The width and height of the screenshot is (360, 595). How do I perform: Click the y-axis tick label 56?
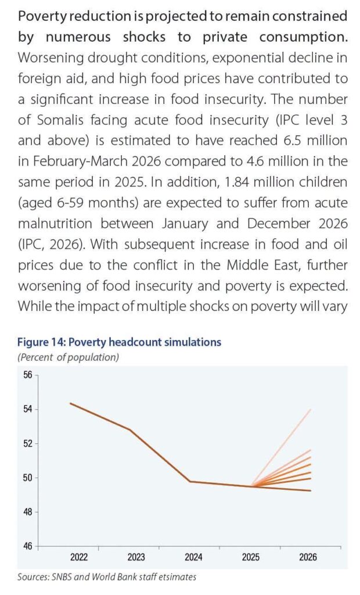tap(28, 375)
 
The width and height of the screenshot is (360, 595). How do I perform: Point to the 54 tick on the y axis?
tap(28, 409)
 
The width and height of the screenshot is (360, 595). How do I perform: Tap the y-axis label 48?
tap(28, 512)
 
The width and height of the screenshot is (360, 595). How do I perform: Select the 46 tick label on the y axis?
tap(28, 546)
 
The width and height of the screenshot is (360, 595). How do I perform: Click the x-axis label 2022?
tap(79, 557)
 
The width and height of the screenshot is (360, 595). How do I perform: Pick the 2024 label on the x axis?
tap(193, 557)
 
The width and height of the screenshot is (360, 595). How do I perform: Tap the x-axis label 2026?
tap(308, 557)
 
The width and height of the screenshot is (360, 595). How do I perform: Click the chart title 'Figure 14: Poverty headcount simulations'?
tap(119, 342)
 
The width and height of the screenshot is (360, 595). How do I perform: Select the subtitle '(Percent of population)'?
tap(69, 357)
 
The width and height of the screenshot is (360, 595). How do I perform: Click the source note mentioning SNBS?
tap(107, 577)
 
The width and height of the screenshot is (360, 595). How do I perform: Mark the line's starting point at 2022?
tap(71, 403)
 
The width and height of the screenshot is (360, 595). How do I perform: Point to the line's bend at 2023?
tap(130, 429)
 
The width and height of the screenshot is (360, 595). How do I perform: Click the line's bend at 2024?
tap(190, 482)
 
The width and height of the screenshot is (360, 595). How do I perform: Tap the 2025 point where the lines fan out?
tap(251, 486)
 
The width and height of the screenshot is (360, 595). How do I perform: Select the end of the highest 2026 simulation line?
tap(311, 410)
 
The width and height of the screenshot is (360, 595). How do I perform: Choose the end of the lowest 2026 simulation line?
tap(311, 490)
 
